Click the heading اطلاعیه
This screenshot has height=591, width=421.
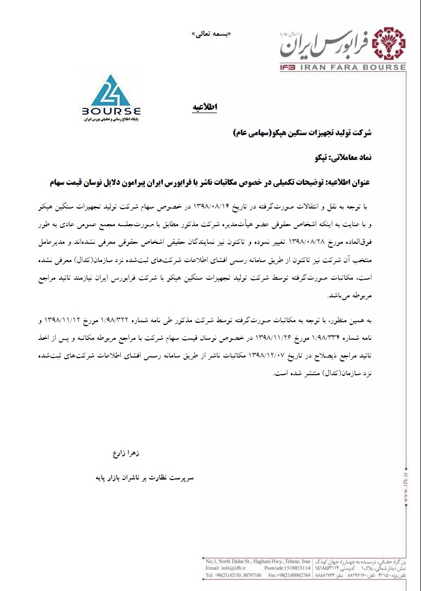pos(205,107)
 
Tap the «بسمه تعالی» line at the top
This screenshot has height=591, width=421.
pos(211,34)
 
